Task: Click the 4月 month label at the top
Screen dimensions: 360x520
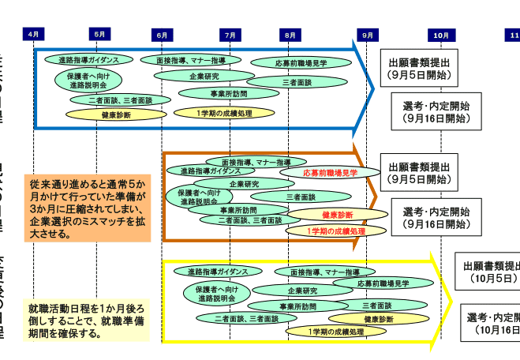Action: tap(34, 34)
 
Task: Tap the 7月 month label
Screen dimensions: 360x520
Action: tap(230, 35)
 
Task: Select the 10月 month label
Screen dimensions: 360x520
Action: tap(440, 35)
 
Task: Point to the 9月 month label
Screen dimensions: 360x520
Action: tap(368, 35)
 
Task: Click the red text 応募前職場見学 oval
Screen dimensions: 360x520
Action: tap(330, 171)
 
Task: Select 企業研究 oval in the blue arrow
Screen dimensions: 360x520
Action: tap(204, 77)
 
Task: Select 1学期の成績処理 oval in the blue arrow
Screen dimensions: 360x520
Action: tap(226, 113)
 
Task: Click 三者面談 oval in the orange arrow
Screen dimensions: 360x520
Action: tap(301, 197)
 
